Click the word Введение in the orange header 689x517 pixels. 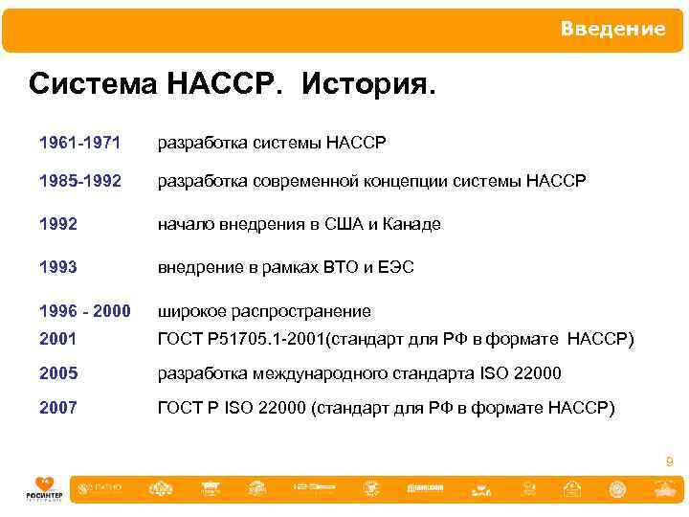point(612,30)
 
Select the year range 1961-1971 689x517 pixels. point(79,144)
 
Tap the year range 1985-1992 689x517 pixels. point(79,181)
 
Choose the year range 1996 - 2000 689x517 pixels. point(84,311)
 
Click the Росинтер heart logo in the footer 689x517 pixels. point(43,486)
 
